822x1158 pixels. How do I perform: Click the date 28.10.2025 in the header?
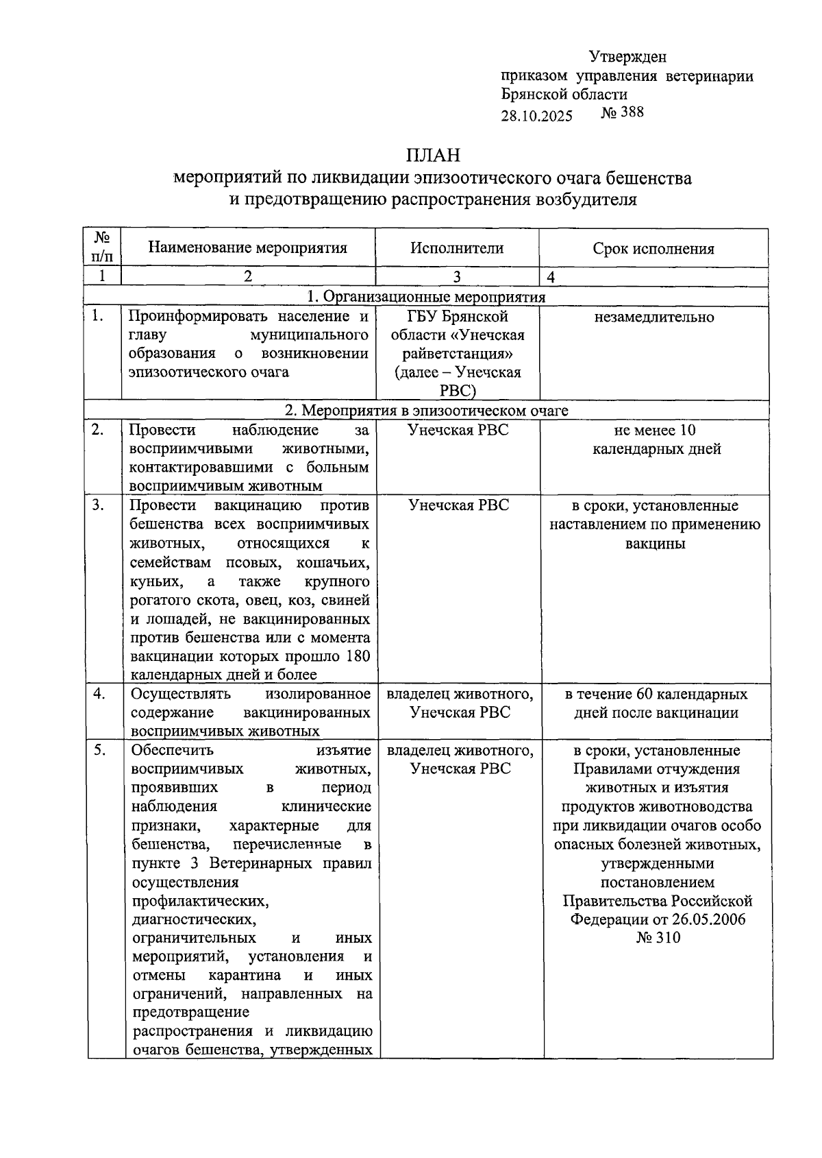[x=536, y=115]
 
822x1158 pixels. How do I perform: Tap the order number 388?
[x=632, y=112]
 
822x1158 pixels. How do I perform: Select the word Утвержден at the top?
[x=627, y=57]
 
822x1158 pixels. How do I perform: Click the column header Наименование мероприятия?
[x=248, y=248]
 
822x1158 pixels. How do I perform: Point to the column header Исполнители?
[x=457, y=248]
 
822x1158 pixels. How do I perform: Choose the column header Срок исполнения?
[x=653, y=248]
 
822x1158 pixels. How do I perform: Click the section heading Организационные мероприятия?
[x=434, y=297]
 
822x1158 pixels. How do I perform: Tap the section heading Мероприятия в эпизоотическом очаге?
[x=436, y=411]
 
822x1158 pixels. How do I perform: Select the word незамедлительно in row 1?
[x=654, y=317]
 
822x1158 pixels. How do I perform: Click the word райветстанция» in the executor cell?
[x=457, y=354]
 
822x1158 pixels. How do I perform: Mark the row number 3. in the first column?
[x=99, y=505]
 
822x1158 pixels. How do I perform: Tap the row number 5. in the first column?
[x=101, y=750]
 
